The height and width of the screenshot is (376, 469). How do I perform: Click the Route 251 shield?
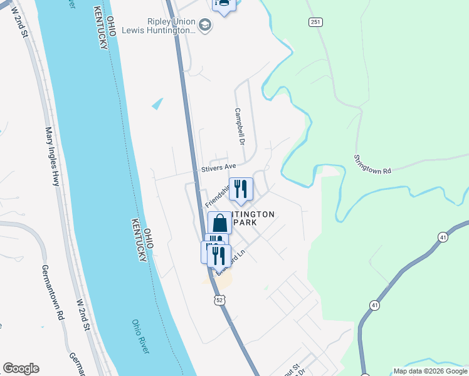point(315,23)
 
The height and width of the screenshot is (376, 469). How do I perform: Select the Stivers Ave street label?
point(218,168)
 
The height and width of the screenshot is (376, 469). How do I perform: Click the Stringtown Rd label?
point(372,164)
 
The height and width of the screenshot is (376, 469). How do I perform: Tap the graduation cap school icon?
point(205,25)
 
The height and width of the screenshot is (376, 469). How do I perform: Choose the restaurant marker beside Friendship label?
point(241,189)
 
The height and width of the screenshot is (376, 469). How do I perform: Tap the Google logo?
point(21,368)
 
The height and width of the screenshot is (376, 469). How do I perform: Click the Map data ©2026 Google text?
point(430,371)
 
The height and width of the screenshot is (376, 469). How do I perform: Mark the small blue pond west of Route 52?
point(157,104)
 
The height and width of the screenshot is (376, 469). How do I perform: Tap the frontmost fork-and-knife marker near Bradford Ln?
point(219,255)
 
